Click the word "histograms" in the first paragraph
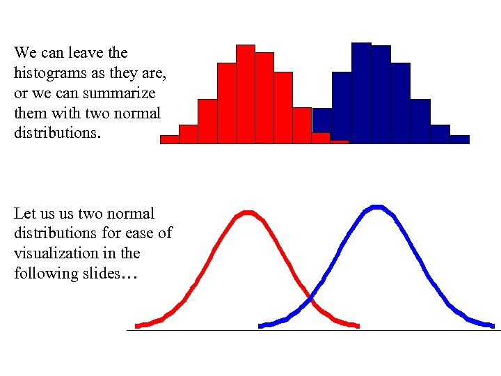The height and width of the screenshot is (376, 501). [46, 73]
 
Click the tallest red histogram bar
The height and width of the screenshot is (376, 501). [246, 94]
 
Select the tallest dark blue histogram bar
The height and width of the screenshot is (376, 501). [361, 93]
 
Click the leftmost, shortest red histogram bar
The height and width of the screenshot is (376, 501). [170, 139]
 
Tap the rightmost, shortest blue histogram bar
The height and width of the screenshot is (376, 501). [459, 139]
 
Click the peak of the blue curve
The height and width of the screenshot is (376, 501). [376, 207]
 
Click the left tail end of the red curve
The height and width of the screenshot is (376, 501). [138, 326]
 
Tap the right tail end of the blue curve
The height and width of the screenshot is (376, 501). [492, 325]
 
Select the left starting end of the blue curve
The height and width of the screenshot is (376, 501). [261, 326]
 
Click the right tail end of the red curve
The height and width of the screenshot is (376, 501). [357, 325]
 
